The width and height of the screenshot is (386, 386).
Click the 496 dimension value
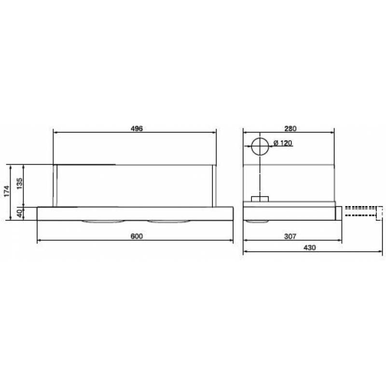tap(137, 128)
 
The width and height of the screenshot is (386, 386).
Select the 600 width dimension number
tap(137, 236)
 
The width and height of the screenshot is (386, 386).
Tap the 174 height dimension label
tap(7, 191)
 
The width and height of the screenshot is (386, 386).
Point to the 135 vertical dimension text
tap(19, 183)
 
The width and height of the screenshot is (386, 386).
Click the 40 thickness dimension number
tap(20, 213)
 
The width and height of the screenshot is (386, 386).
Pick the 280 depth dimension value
tap(290, 128)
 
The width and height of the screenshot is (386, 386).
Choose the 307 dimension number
tap(290, 236)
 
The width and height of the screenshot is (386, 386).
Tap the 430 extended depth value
tap(309, 248)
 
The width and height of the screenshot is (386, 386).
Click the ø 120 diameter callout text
tap(283, 143)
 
